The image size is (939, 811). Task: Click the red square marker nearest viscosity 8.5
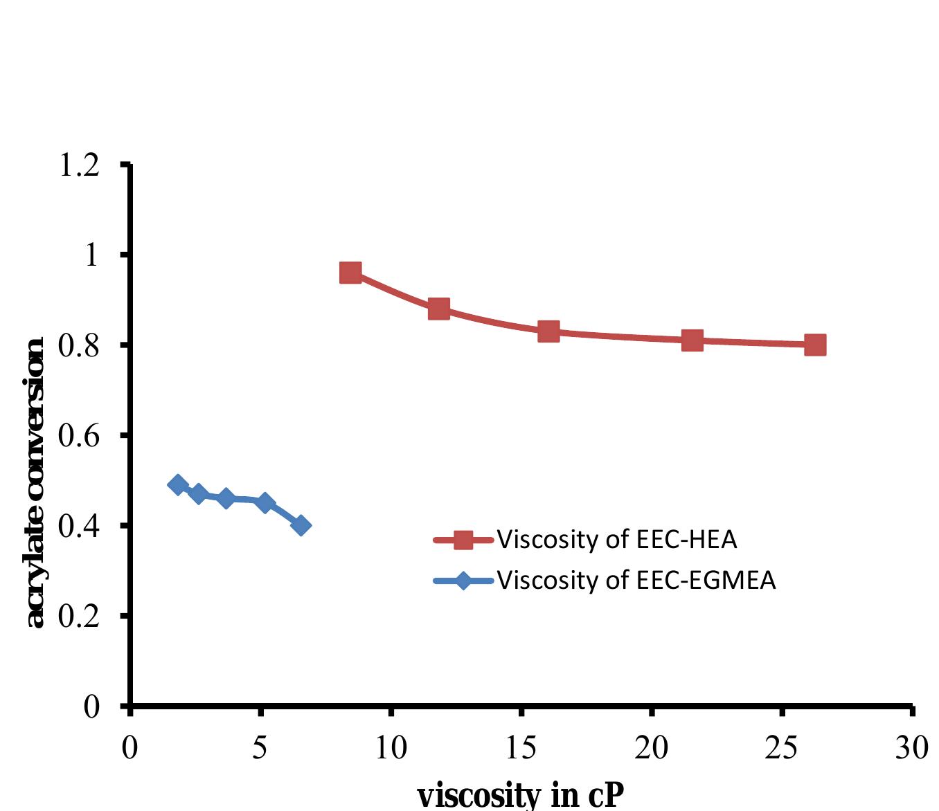[350, 273]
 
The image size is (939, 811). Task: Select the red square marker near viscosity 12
[439, 309]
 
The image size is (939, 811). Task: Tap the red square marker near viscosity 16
[548, 331]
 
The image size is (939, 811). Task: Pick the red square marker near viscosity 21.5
[692, 340]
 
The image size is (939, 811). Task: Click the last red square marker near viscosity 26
[815, 345]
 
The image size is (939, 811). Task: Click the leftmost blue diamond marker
[178, 484]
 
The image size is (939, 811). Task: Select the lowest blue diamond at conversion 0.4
[301, 525]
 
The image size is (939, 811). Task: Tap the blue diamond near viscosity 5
[265, 502]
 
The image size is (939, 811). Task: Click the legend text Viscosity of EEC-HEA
[616, 540]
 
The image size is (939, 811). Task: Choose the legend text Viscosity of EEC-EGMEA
[636, 581]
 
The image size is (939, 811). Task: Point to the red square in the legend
[463, 540]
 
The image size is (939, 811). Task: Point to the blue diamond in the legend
[463, 581]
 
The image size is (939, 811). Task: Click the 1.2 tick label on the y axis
[79, 165]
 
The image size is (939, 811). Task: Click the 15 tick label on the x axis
[521, 747]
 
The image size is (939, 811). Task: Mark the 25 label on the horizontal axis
[781, 747]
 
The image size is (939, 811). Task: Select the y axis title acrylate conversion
[35, 483]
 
